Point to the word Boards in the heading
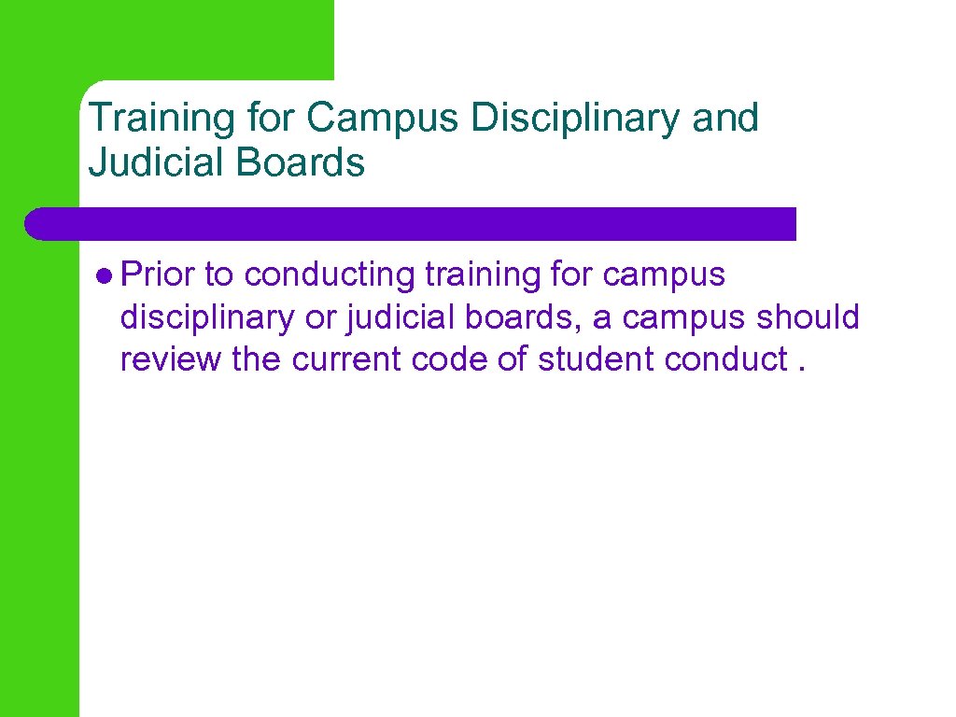pos(300,163)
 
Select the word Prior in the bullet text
pos(158,275)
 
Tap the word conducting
pos(329,275)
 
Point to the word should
pos(808,317)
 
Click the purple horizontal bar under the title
pos(411,224)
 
